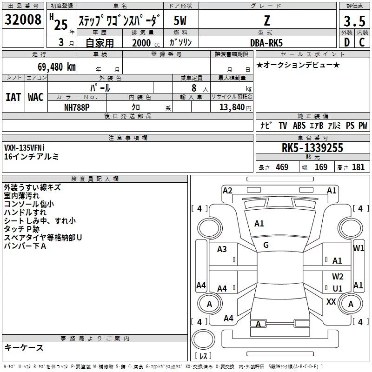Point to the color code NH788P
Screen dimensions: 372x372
click(x=77, y=107)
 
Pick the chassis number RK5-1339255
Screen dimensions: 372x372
click(x=312, y=148)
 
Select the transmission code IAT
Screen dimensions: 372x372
click(x=13, y=97)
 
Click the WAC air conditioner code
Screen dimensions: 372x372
click(x=36, y=97)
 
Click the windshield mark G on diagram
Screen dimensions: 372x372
click(x=266, y=245)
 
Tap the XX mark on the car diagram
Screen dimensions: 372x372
click(x=331, y=301)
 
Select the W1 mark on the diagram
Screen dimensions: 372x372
click(x=359, y=248)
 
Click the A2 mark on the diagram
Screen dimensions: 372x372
click(x=227, y=190)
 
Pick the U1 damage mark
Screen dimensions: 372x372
click(x=338, y=289)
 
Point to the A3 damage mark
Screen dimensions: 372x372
click(x=222, y=249)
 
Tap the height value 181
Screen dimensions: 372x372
click(x=359, y=167)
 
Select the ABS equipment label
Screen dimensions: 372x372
click(x=299, y=126)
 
